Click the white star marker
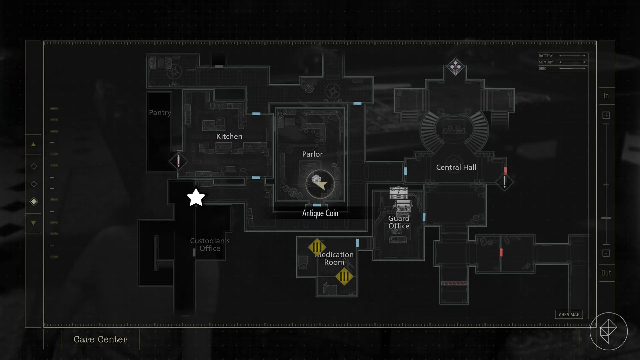(196, 197)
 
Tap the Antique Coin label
(320, 213)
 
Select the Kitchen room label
(229, 136)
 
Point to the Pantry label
(160, 113)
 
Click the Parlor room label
(312, 154)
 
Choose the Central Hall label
(456, 167)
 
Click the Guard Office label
(399, 222)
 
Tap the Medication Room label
(334, 258)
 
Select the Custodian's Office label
(210, 244)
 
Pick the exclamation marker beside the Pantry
(178, 161)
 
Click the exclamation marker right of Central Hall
(504, 182)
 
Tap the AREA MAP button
(569, 314)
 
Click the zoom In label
(606, 96)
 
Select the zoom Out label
(606, 273)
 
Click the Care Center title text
(100, 339)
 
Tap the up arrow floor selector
(33, 144)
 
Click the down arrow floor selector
(33, 223)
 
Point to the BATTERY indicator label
(546, 56)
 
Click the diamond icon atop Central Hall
(455, 67)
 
